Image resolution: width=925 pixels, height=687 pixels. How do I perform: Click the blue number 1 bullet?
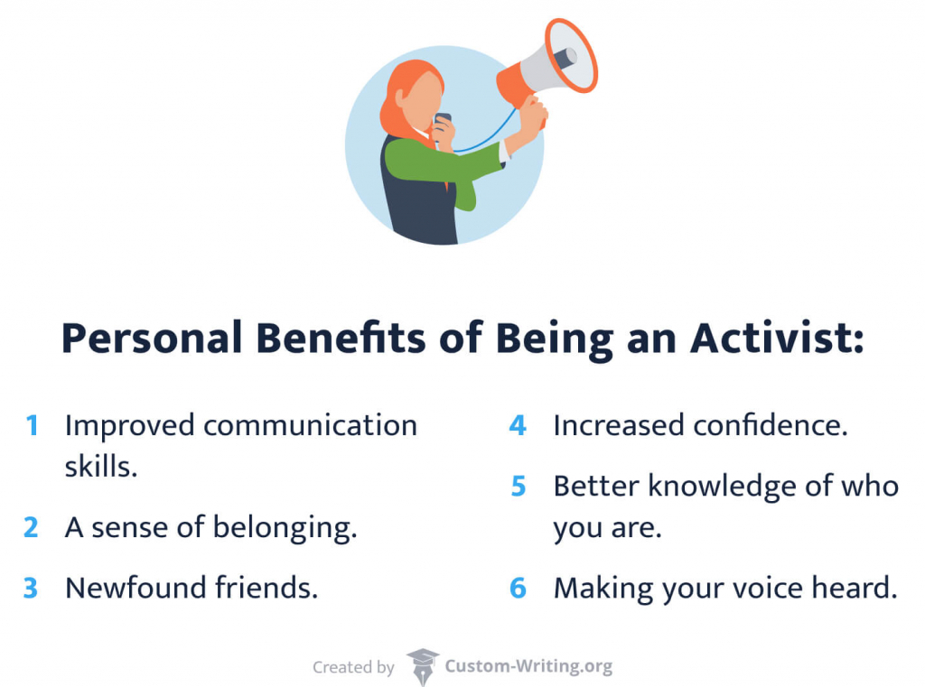33,425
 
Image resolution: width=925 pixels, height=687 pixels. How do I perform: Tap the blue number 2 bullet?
32,528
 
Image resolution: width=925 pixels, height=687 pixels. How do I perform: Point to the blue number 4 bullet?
518,425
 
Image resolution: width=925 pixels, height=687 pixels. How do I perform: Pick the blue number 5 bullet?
518,487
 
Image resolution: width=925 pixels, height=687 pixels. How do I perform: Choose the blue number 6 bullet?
518,589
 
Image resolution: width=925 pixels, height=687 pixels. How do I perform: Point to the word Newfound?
135,589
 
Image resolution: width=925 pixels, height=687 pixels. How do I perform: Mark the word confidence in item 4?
771,425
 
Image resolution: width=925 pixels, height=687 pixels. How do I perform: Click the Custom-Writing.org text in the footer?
528,667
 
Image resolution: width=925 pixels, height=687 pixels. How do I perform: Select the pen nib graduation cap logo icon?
422,666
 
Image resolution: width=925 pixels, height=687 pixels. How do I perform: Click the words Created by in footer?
353,668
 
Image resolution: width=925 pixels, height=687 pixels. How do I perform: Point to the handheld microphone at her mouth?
442,123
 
